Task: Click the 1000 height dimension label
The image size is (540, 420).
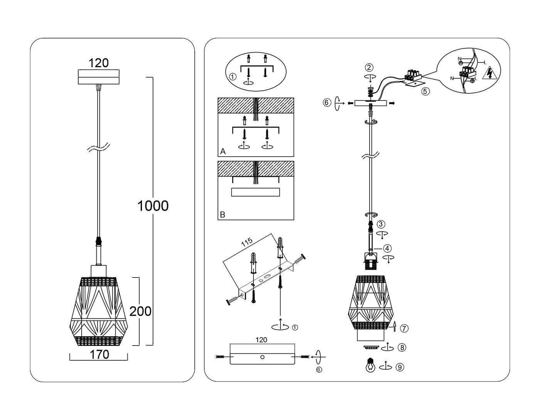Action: click(x=153, y=206)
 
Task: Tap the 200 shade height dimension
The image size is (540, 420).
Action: click(x=140, y=311)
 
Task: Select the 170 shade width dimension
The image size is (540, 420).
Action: click(x=99, y=354)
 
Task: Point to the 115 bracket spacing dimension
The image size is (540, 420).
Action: click(x=246, y=242)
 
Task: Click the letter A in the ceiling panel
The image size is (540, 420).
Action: click(x=223, y=151)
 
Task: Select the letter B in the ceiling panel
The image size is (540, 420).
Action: click(x=223, y=214)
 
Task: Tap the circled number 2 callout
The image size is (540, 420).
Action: click(x=369, y=68)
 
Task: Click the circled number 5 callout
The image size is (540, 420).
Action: click(x=425, y=91)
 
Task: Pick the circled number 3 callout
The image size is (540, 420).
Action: click(x=381, y=224)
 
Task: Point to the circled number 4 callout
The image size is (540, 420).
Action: click(x=387, y=248)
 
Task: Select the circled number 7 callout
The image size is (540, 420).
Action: click(x=404, y=329)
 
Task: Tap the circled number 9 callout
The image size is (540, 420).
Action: click(x=400, y=367)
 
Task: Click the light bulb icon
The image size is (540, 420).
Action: click(x=370, y=365)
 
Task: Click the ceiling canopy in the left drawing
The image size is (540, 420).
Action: click(x=99, y=76)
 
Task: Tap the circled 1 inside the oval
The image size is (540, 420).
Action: click(x=232, y=77)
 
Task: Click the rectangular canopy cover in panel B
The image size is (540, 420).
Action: click(x=255, y=192)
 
